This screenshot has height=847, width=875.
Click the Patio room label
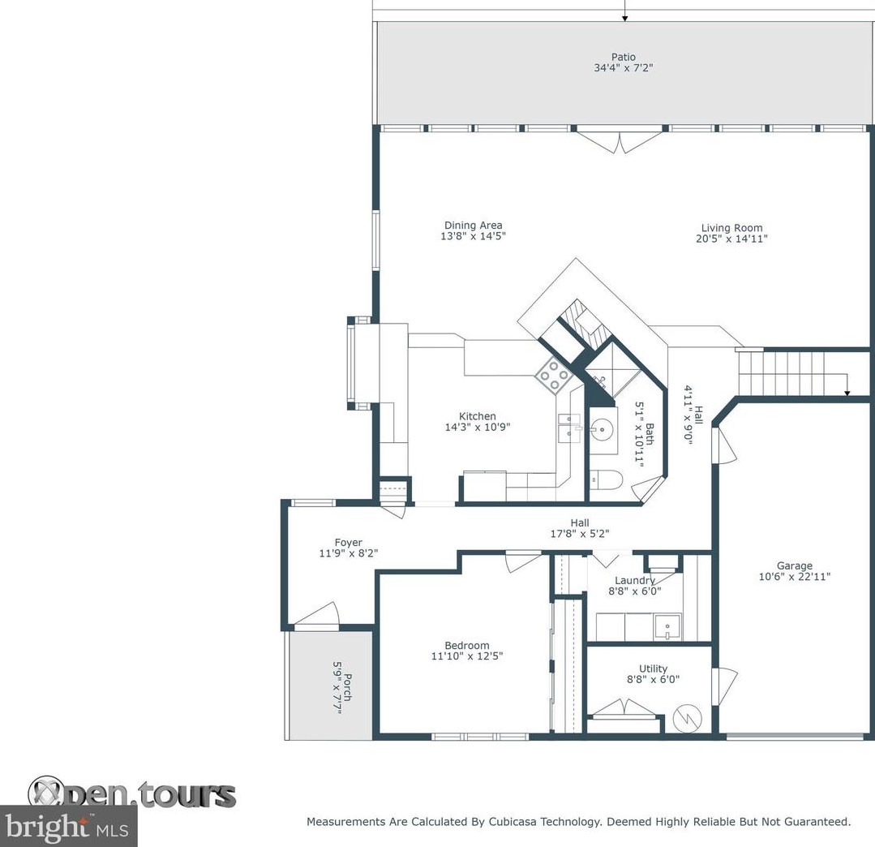point(624,57)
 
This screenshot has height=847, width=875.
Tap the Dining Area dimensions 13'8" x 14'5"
point(474,236)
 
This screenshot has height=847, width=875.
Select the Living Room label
point(731,228)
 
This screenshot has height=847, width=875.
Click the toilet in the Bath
point(606,479)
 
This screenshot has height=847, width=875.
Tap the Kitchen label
point(477,416)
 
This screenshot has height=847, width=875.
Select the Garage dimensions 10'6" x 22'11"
point(795,576)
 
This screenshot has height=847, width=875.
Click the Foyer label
point(348,542)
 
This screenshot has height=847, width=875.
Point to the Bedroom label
point(467,645)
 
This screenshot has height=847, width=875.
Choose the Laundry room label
point(634,580)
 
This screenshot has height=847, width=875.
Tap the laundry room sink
point(667,627)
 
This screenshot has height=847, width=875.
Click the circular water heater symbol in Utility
point(687,717)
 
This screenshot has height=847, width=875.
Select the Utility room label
point(653,669)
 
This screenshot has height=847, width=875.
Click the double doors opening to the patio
point(620,140)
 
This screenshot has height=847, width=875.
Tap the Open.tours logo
point(131,793)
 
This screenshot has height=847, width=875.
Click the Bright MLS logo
point(68,826)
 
